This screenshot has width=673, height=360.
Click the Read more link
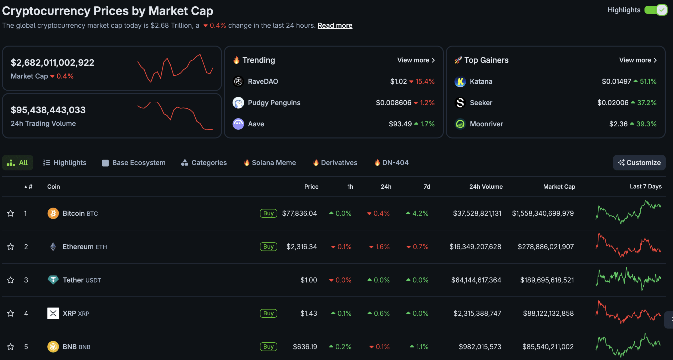(x=335, y=25)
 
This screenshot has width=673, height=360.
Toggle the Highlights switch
(x=656, y=10)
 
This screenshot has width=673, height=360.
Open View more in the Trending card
(x=416, y=60)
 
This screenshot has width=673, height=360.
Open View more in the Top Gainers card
(x=638, y=60)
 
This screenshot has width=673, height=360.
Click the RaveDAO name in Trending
(x=263, y=81)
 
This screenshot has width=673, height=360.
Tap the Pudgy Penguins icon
(x=238, y=103)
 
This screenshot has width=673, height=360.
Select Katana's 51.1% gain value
(x=648, y=81)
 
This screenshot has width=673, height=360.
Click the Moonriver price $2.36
(x=618, y=124)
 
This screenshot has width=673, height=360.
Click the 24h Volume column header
(x=486, y=187)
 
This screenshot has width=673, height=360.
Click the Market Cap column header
(x=559, y=187)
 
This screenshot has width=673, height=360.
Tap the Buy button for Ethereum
(x=268, y=247)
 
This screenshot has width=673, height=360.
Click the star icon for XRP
(x=11, y=313)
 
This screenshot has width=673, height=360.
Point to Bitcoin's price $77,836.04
(x=299, y=213)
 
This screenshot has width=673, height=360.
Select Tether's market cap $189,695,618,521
(x=547, y=280)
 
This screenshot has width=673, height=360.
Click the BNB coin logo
(x=53, y=347)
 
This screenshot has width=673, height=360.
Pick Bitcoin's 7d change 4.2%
(x=420, y=213)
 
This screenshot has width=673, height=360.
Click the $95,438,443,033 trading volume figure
(x=48, y=110)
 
